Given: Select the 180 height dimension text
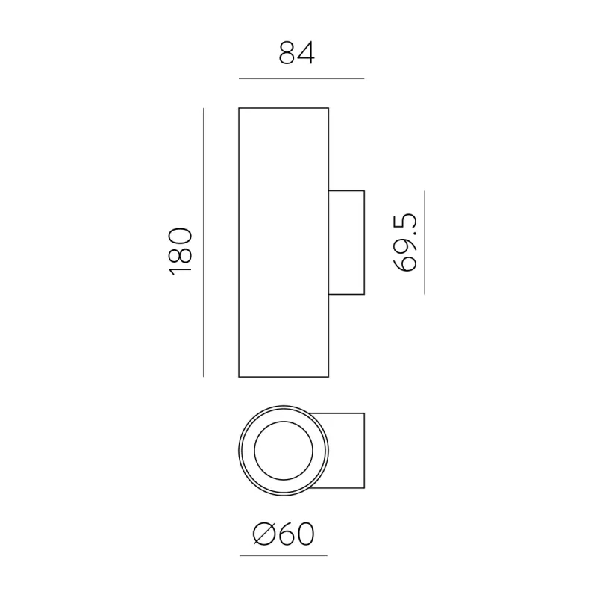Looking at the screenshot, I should coord(181,249).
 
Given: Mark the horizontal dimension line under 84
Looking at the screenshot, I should coord(301,78).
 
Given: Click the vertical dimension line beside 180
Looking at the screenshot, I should coord(204,243).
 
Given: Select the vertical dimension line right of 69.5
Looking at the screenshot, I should coord(424,243).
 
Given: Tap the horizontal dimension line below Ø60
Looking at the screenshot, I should coord(284,556).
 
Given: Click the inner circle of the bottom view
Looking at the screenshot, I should coord(283,453).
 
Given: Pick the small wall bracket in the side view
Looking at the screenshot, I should coord(347,242).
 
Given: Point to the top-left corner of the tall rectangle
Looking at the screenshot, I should coord(239,108).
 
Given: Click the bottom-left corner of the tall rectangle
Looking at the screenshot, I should coord(239,377).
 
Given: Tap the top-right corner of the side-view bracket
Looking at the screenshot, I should coord(364,190).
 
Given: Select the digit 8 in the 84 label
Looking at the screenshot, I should coord(288,53).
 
